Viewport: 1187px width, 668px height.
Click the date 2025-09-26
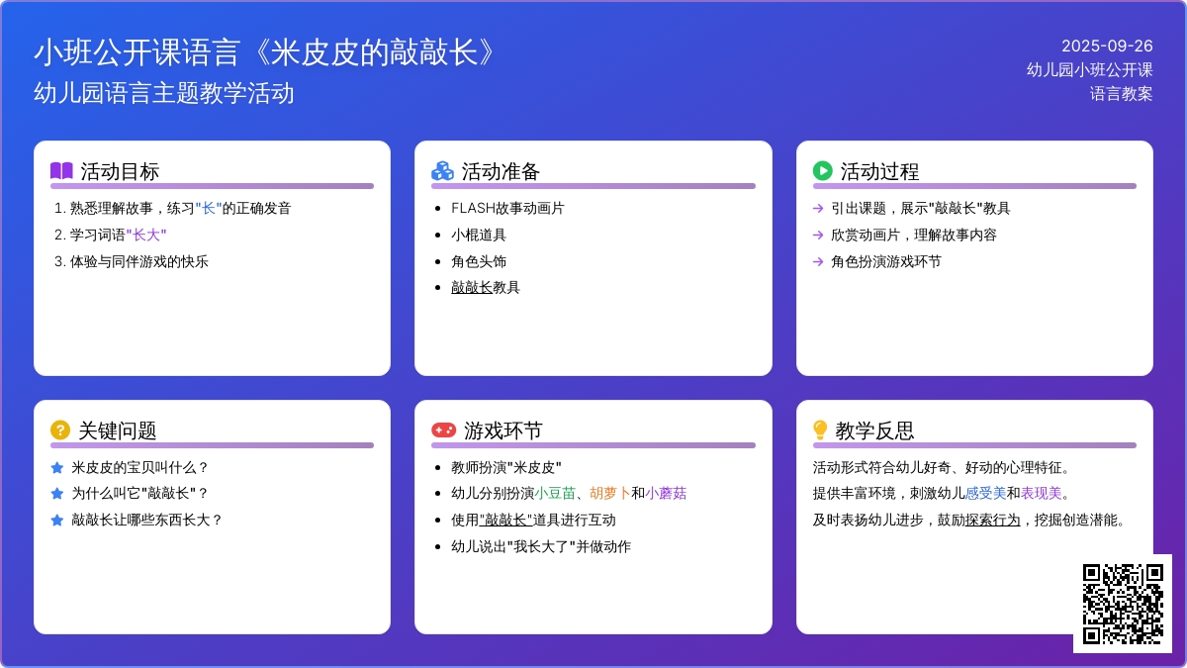[1107, 47]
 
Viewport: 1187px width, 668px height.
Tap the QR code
[1123, 604]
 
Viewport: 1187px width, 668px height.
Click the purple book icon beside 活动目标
[61, 170]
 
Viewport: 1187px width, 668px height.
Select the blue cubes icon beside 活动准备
[442, 170]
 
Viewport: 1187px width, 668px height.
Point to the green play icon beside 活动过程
[822, 170]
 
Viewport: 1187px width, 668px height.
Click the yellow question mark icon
[60, 429]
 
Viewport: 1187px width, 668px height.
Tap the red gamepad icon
[443, 429]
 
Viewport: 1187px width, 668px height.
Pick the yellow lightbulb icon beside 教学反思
[820, 429]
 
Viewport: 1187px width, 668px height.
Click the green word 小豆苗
[555, 494]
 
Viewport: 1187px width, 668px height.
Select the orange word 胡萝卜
[610, 494]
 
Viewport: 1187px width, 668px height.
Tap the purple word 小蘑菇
[666, 494]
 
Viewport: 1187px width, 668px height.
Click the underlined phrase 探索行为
[992, 521]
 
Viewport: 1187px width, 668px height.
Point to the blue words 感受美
[985, 494]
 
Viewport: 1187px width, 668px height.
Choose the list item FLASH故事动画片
[507, 209]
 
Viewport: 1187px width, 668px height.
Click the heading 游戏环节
[502, 430]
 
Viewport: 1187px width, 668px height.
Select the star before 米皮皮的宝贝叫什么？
[57, 467]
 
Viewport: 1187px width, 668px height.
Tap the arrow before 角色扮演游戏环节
[818, 262]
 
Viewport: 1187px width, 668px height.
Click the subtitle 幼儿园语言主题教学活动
[164, 93]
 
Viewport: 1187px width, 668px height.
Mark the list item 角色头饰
[479, 262]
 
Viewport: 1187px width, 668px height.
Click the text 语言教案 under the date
[1122, 94]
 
